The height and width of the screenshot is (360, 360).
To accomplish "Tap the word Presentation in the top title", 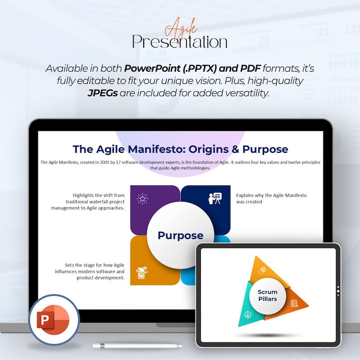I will pyautogui.click(x=180, y=42).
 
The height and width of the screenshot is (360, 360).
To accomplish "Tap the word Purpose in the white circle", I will pyautogui.click(x=180, y=235).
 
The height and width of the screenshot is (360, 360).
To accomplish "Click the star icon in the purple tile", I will pyautogui.click(x=142, y=199).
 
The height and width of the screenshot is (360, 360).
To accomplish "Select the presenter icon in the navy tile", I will pyautogui.click(x=215, y=198).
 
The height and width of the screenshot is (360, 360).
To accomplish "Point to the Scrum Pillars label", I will pyautogui.click(x=267, y=295).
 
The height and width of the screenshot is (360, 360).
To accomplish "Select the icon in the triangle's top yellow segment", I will pyautogui.click(x=262, y=271).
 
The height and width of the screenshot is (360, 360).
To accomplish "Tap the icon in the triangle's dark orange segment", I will pyautogui.click(x=294, y=302).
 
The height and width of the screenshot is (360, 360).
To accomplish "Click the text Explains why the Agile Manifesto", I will pyautogui.click(x=271, y=195).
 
